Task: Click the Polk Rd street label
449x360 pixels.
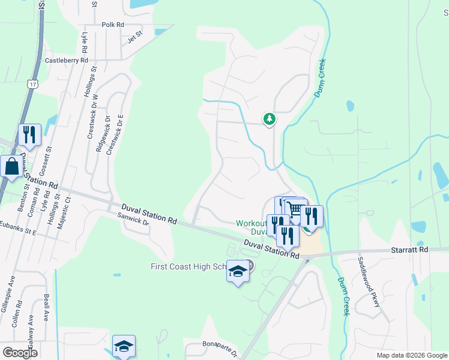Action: tap(113, 25)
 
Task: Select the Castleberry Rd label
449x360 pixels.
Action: tap(67, 61)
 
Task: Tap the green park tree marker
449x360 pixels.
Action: tap(270, 119)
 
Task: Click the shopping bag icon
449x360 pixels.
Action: tap(11, 166)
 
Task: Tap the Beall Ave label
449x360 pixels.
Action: tap(46, 308)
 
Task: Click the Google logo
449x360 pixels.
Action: tap(20, 353)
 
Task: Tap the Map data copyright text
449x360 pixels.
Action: tap(412, 356)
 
